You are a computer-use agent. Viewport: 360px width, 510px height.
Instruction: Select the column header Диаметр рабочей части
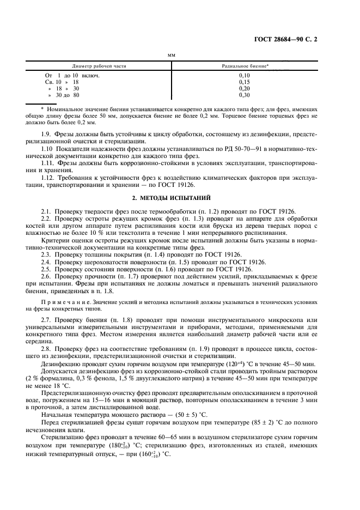tap(99, 65)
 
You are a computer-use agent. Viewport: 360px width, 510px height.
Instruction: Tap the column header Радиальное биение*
tap(245, 65)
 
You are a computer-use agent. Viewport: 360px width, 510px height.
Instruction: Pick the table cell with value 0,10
tap(245, 76)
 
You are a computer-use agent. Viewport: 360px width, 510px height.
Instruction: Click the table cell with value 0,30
tap(245, 95)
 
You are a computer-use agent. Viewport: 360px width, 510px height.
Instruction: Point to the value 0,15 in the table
tap(245, 82)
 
